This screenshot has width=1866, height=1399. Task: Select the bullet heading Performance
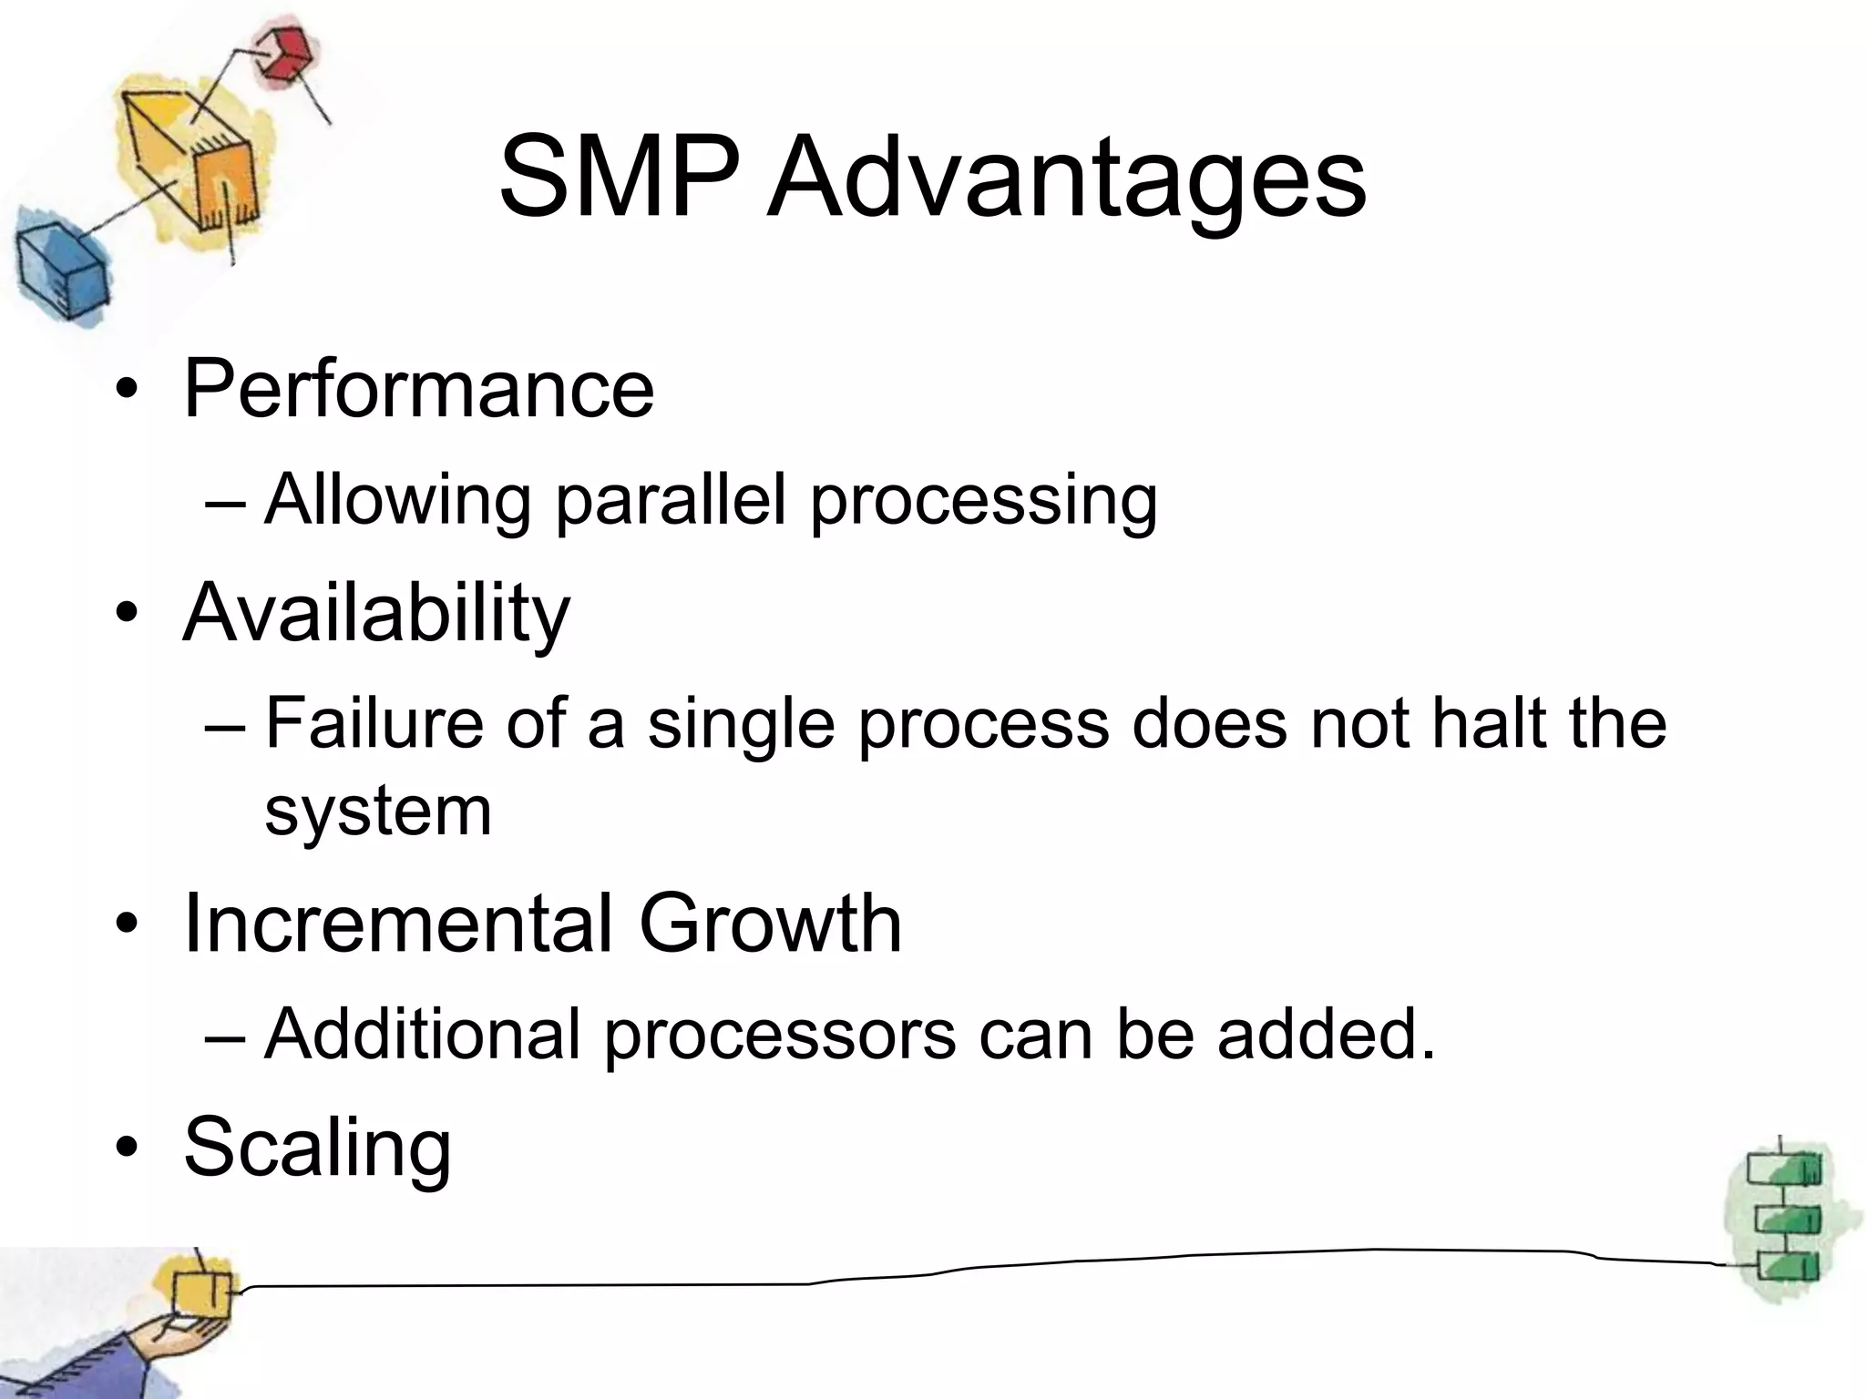[418, 389]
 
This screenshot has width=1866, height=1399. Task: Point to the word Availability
[376, 613]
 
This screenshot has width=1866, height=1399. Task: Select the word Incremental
[398, 924]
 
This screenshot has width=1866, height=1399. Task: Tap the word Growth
[770, 924]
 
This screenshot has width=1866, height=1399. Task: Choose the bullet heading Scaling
[317, 1148]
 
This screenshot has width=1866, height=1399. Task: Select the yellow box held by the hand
[201, 1292]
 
